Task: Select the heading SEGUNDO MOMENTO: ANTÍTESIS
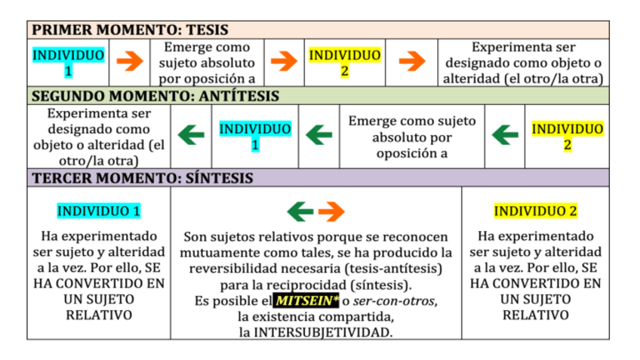155,96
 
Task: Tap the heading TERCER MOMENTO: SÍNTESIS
142,178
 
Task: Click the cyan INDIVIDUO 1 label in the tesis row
68,63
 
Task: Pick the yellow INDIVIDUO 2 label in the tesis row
345,63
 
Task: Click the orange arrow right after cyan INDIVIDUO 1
130,62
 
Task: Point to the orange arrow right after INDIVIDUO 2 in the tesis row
411,62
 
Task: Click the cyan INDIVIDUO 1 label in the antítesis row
255,136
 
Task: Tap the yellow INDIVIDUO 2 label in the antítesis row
567,136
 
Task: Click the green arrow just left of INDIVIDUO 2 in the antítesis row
505,136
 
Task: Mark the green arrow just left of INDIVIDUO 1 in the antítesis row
191,136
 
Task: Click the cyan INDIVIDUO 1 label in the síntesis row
99,211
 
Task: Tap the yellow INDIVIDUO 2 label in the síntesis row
535,211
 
